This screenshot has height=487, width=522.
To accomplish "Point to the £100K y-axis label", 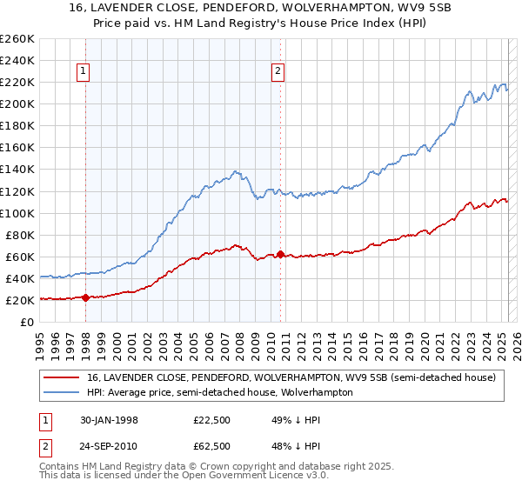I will point(17,213).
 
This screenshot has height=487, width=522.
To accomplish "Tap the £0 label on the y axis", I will point(26,322).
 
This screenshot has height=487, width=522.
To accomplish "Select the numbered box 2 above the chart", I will point(278,72).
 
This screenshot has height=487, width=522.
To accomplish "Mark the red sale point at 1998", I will point(86,297).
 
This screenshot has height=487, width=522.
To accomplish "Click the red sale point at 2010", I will point(281,254).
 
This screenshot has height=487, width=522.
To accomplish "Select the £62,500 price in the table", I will point(211,446).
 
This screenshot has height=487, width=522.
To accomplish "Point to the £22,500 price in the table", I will point(211,420).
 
